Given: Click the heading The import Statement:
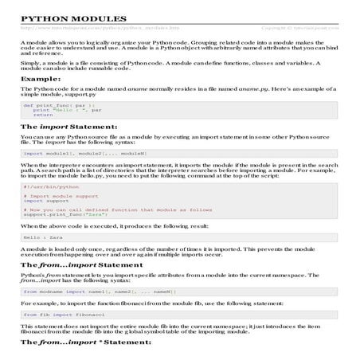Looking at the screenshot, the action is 68,127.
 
